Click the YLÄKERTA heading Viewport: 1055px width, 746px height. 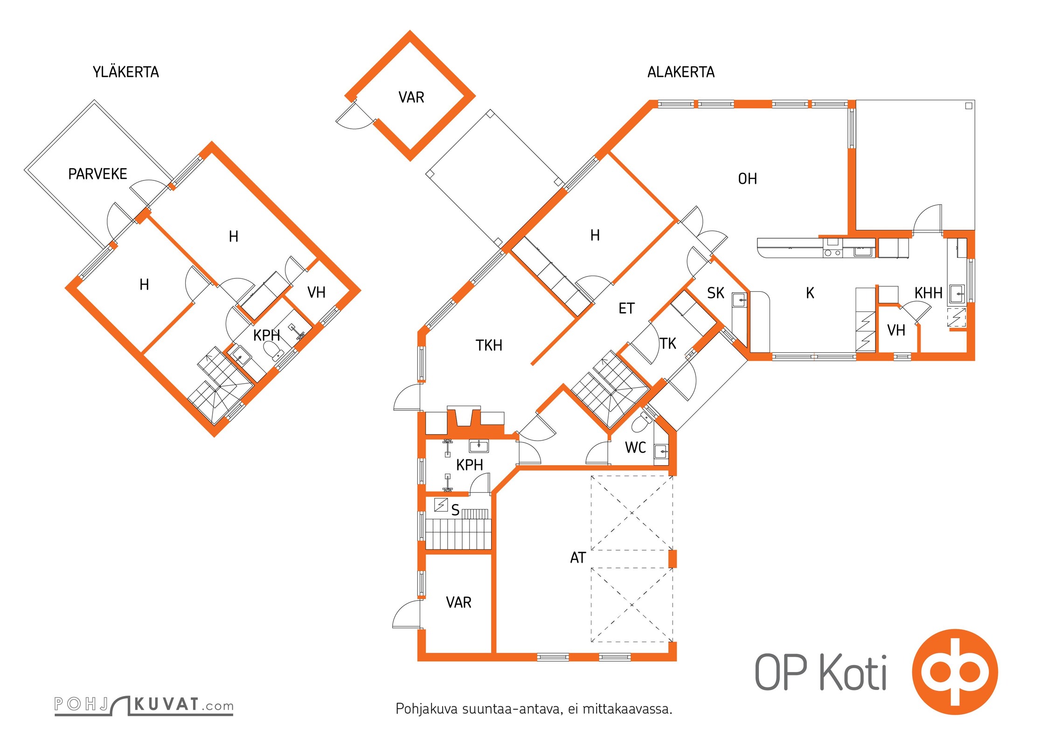[126, 72]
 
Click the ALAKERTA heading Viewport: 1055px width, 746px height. [681, 72]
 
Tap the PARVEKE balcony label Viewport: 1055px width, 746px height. [97, 174]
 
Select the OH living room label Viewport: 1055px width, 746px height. [747, 179]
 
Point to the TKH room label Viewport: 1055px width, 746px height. [489, 345]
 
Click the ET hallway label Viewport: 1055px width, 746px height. [626, 308]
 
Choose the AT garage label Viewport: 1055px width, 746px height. [578, 558]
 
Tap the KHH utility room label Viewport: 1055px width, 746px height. [929, 293]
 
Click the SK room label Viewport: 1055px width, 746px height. [715, 293]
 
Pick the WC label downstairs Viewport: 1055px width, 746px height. [635, 448]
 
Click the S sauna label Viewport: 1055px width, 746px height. [455, 511]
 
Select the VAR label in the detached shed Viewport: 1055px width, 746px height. [411, 97]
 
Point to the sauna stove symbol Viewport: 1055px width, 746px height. [441, 505]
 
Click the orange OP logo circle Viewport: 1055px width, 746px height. [955, 672]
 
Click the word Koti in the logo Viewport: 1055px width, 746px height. [853, 672]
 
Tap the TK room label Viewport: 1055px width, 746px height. [668, 344]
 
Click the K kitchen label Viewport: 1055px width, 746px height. [810, 293]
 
